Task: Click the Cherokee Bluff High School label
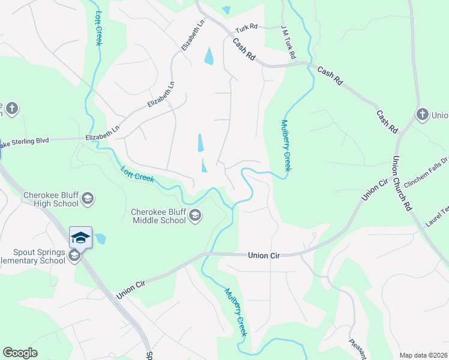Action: [51, 199]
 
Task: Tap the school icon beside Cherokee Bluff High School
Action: [88, 199]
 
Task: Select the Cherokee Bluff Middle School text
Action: [159, 216]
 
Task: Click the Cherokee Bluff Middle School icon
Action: [195, 215]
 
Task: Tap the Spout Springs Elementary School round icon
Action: [74, 256]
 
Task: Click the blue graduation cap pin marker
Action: [80, 238]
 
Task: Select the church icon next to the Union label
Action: [422, 115]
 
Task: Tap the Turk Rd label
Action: [246, 28]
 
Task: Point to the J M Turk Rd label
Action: [289, 42]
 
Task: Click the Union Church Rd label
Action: [401, 184]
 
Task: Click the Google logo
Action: [20, 353]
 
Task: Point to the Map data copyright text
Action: [423, 355]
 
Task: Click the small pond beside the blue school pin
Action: [100, 238]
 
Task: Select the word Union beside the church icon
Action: [440, 115]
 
